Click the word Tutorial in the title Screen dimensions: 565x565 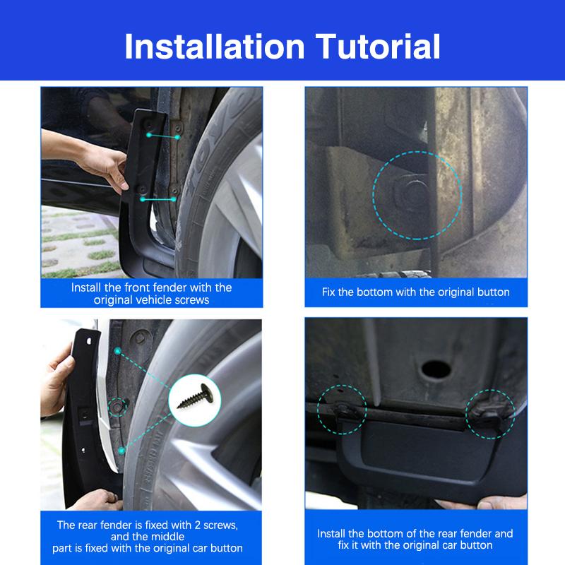(379, 46)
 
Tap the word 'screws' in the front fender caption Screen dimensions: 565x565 (190, 300)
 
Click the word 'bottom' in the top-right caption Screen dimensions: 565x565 (379, 292)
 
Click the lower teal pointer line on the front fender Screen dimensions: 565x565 (160, 200)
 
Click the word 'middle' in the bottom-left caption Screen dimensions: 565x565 (169, 536)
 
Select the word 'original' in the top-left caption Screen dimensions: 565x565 (117, 300)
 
